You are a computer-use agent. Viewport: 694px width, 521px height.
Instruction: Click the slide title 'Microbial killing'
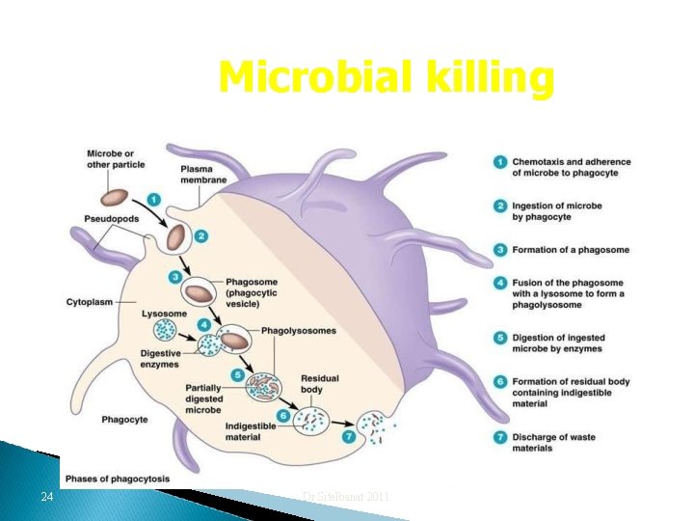point(387,77)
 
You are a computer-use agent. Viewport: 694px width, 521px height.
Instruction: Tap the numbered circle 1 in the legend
point(501,162)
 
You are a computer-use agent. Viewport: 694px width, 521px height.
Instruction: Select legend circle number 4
point(501,283)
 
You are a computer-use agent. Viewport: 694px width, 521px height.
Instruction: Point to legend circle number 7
point(501,436)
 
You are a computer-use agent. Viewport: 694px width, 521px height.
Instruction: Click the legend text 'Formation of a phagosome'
point(571,250)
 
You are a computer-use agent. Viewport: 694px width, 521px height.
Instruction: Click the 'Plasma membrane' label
point(203,175)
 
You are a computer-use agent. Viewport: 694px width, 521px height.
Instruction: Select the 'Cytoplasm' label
point(89,302)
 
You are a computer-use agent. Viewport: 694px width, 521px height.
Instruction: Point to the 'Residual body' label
point(319,384)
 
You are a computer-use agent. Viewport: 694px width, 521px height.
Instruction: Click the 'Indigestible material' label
point(251,431)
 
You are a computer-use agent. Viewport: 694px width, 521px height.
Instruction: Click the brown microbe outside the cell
point(116,199)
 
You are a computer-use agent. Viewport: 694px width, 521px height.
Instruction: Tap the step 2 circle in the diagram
point(200,235)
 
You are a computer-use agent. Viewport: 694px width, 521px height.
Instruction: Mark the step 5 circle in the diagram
point(237,375)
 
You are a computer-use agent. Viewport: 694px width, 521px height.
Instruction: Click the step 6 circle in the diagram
point(282,416)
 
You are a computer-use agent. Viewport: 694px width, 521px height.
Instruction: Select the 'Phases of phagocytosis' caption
point(118,479)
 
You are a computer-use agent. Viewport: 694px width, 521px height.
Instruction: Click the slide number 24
point(46,497)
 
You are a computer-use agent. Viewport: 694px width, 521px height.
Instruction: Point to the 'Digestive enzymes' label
point(159,359)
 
